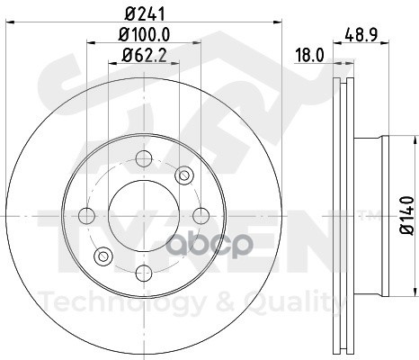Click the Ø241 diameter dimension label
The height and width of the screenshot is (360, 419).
145,14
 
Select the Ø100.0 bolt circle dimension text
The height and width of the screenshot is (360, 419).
144,34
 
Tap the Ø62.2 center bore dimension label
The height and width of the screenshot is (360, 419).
144,55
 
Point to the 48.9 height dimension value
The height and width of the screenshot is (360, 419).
361,35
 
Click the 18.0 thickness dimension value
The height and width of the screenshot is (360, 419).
309,56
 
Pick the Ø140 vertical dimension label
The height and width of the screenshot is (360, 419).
407,215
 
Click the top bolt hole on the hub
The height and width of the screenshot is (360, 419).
144,158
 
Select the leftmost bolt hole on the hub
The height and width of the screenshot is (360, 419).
86,216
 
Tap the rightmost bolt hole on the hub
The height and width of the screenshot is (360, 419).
201,216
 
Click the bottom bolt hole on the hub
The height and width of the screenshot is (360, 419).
144,273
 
